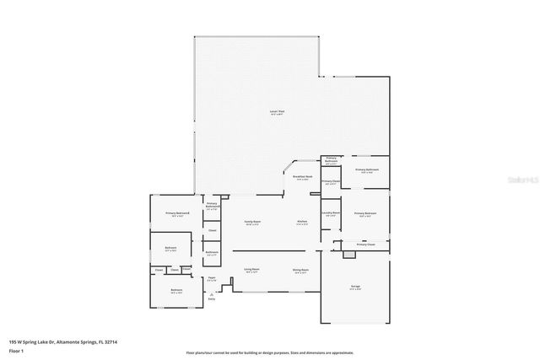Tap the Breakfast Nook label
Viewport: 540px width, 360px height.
(x=301, y=177)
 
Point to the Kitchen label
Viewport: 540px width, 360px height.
(x=301, y=223)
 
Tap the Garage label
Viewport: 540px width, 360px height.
(x=355, y=287)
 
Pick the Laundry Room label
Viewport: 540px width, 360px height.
(x=330, y=213)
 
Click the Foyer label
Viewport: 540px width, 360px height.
(x=213, y=278)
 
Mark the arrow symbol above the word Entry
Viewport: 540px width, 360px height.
(x=211, y=292)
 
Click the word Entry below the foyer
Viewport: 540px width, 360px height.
(x=211, y=299)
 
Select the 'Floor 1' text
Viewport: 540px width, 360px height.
(x=17, y=349)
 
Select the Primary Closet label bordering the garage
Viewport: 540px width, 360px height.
(x=365, y=244)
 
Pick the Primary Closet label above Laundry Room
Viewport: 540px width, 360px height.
(x=331, y=181)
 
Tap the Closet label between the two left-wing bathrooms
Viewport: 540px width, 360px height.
(x=212, y=230)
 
